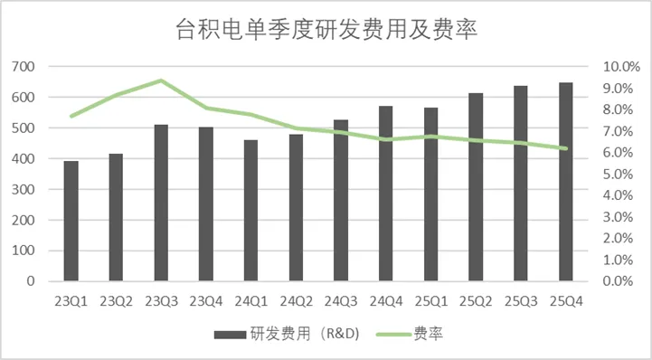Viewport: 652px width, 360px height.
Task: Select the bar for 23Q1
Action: (71, 222)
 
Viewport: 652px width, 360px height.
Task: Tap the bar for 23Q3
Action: (161, 204)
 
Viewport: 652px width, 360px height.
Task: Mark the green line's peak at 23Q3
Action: (161, 81)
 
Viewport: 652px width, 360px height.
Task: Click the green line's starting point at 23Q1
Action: (71, 117)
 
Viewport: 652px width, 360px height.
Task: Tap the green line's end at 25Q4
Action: (566, 148)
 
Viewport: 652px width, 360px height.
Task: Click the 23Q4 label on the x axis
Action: (206, 299)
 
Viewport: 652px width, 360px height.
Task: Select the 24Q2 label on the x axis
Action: (296, 299)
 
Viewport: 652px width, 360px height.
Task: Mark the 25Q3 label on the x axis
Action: (521, 299)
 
